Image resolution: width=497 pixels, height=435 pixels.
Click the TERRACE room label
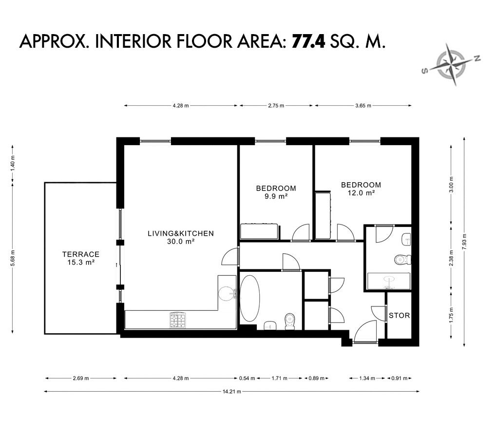point(81,254)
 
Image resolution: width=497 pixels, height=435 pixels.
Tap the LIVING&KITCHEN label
point(181,233)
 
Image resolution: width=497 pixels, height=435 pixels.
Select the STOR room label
point(400,316)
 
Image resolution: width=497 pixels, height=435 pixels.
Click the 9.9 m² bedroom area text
point(276,196)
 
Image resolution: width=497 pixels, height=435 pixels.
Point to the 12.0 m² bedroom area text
point(362,193)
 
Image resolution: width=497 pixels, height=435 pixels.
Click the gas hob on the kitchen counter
point(177,320)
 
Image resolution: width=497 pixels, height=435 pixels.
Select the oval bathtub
point(250,299)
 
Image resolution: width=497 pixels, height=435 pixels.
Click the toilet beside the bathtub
point(290,321)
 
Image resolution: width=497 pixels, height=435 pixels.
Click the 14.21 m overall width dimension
point(232,392)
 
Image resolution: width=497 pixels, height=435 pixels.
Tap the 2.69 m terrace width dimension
point(81,378)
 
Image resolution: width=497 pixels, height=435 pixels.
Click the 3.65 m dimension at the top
point(363,106)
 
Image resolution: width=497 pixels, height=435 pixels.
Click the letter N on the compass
point(477,58)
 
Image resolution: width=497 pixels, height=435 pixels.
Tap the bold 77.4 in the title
point(308,41)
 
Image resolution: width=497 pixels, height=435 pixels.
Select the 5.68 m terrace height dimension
point(13,258)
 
